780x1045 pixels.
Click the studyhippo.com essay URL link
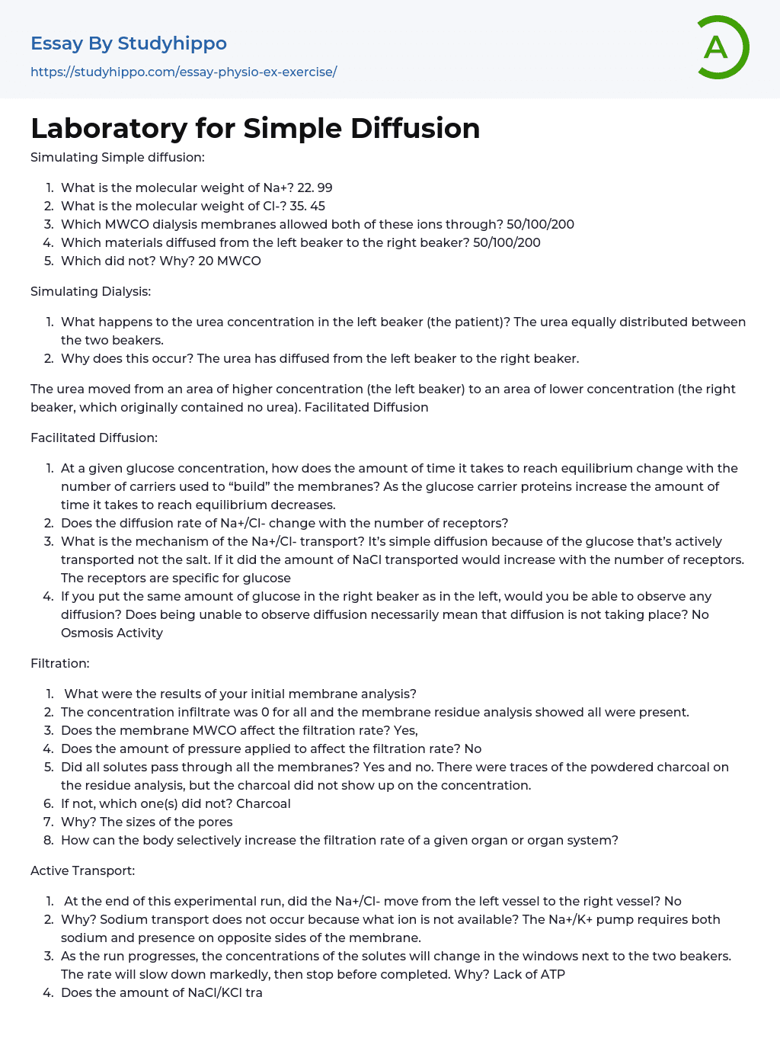184,72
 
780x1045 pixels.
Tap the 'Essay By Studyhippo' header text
129,43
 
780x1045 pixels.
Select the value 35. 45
307,206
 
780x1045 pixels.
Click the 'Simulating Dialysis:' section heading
91,291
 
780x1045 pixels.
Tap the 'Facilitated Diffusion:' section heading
94,438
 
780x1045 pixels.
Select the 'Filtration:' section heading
59,663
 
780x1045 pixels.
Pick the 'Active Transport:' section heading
82,870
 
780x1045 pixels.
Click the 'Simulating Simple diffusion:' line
117,157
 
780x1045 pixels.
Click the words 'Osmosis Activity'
112,633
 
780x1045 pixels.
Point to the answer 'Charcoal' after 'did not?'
263,803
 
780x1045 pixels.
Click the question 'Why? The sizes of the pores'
146,822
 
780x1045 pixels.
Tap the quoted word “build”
239,486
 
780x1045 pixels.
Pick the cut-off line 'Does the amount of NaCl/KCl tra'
161,992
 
